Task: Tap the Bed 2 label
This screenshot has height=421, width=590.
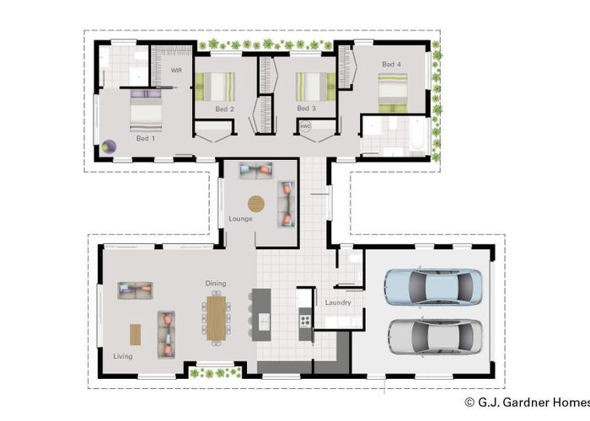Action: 224,109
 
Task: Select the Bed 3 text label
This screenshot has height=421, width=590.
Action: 306,109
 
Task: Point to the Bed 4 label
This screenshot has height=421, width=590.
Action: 391,64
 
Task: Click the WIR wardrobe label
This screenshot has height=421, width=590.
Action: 176,71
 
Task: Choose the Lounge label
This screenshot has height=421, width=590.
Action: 240,219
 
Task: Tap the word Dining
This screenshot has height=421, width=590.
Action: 216,284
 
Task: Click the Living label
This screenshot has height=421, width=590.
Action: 123,356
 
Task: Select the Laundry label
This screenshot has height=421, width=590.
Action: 338,302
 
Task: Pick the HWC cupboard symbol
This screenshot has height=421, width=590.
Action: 305,127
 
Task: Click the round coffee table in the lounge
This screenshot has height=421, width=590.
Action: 255,203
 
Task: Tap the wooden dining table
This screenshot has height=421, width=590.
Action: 217,317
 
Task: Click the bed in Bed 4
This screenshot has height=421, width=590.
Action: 393,91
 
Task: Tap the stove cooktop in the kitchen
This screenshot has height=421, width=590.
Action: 305,321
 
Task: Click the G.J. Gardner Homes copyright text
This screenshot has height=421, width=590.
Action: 523,403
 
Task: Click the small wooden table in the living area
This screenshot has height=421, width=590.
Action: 136,333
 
